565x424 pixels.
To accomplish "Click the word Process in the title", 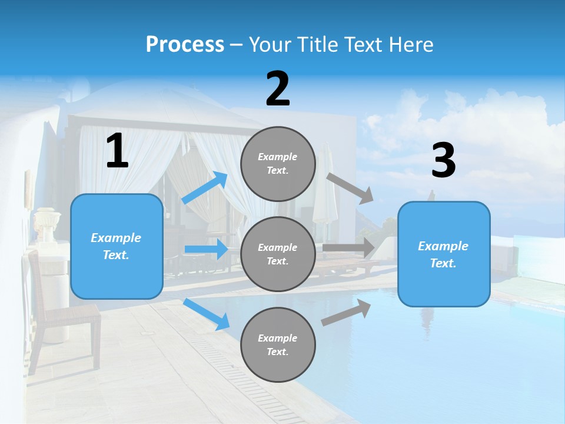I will click(185, 44).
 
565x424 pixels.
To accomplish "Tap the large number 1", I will click(117, 151).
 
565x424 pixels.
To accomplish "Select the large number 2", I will click(278, 89).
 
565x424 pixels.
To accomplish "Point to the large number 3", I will click(443, 161).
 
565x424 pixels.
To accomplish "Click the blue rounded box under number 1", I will click(117, 246).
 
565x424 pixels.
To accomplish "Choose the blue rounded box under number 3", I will click(444, 254).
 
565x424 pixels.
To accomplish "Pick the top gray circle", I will click(278, 164).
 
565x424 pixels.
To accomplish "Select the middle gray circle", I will click(278, 254).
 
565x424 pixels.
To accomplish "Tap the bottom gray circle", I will click(278, 344).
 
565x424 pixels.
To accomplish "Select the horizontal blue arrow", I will click(207, 249).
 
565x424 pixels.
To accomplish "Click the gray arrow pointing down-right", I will click(351, 188).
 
